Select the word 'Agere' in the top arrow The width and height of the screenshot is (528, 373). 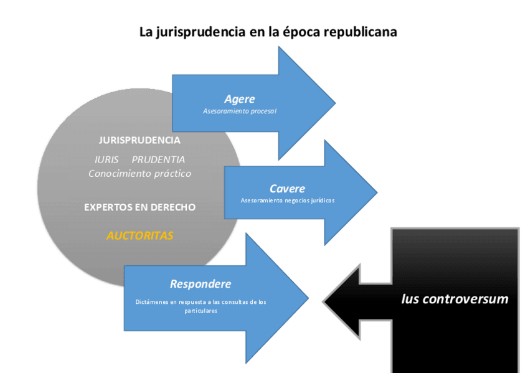coord(240,99)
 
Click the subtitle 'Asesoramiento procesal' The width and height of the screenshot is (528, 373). coord(240,111)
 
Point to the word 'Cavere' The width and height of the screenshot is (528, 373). coord(287,189)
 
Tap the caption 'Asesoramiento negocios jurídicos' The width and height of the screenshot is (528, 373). coord(288,201)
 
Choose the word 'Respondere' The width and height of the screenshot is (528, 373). coord(200,284)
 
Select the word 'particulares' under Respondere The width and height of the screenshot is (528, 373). coord(200,311)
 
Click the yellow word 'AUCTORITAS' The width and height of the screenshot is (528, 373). coord(139,236)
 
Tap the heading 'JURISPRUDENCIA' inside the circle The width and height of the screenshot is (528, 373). coord(139,140)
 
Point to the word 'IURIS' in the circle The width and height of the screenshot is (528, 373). coord(106,159)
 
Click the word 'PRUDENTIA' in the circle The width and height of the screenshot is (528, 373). coord(158,159)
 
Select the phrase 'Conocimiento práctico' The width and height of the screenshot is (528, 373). coord(139,174)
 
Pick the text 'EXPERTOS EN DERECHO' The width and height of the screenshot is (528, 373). coord(139,207)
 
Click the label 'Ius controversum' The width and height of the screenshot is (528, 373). coord(455,299)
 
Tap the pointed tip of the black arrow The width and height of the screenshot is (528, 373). coord(324,301)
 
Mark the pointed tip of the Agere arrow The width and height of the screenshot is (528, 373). coord(334,103)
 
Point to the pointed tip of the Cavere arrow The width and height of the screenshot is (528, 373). coord(377,192)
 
